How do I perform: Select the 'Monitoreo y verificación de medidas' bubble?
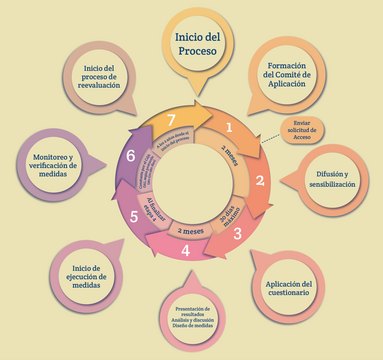tap(53, 165)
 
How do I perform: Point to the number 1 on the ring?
tap(229, 127)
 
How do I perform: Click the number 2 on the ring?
tap(259, 181)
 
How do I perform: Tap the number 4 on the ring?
tap(186, 250)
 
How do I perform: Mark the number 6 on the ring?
tap(131, 155)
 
